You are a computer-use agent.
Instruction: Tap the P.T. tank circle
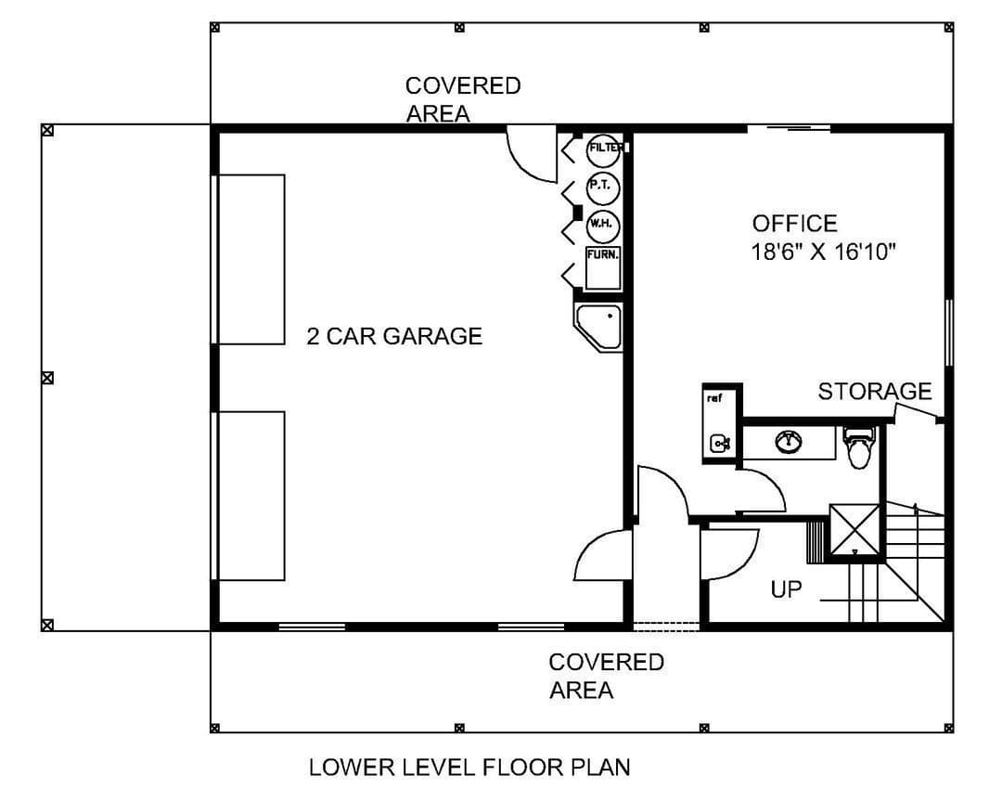coord(603,188)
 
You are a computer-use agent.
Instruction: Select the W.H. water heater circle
coord(603,226)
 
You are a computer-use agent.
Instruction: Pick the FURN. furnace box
coord(603,268)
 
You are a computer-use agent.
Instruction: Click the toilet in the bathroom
coord(857,447)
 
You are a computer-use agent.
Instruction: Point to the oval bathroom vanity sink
coord(789,441)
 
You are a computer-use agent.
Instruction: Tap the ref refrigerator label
coord(714,398)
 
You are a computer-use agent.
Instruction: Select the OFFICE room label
coord(794,223)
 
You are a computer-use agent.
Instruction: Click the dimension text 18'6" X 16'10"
coord(824,252)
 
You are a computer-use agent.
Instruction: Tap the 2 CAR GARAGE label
coord(394,336)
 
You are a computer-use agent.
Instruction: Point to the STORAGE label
coord(875,391)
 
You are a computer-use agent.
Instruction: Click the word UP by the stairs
coord(786,589)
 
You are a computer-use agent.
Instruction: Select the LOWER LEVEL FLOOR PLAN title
coord(469,767)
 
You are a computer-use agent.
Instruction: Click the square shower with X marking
coord(855,529)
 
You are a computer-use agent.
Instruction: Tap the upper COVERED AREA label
coord(463,99)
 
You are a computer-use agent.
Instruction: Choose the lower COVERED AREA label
coord(607,676)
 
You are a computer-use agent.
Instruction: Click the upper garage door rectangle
coord(250,260)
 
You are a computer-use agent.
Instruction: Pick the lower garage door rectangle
coord(250,497)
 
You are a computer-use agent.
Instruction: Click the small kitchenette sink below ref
coord(720,443)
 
